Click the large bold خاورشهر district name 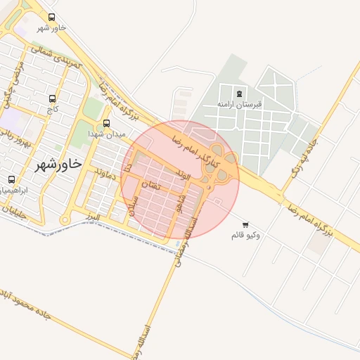point(58,164)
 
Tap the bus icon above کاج point(52,99)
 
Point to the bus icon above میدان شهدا point(106,123)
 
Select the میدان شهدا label point(106,134)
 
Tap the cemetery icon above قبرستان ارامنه point(240,94)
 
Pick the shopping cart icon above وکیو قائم point(245,224)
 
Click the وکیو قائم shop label point(245,235)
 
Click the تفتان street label point(150,185)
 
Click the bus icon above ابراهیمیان point(11,180)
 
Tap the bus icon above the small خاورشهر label point(51,17)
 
